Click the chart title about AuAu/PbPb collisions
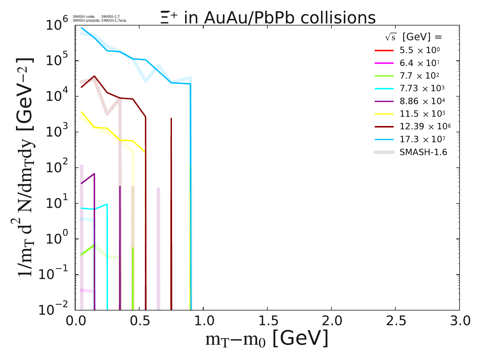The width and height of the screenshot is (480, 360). tap(268, 18)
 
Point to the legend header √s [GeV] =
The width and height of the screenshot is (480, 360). tap(414, 37)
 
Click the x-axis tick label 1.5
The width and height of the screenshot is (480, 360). tap(267, 321)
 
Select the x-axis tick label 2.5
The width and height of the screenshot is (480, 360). tap(395, 321)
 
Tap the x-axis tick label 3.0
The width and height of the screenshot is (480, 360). tap(459, 321)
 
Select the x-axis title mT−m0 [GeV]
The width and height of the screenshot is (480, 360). tap(267, 339)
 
